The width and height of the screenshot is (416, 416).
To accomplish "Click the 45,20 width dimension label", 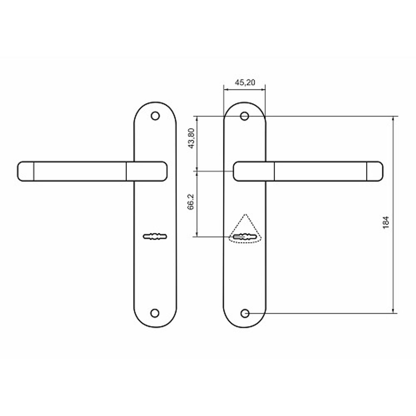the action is point(245,82).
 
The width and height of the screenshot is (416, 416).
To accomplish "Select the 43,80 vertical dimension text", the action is point(191,138).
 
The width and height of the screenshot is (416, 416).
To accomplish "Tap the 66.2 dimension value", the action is point(191,202).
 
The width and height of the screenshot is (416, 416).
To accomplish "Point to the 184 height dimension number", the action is point(386,223).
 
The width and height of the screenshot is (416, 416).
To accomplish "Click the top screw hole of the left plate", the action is point(155,116).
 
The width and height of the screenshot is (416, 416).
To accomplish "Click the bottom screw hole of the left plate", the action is point(155,313).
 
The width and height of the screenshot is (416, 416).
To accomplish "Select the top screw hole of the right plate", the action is point(245,116).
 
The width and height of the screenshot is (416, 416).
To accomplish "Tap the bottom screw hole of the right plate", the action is point(245,313).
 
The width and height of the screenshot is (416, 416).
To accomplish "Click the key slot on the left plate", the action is point(155,236).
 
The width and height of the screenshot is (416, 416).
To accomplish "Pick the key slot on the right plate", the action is point(245,237).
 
